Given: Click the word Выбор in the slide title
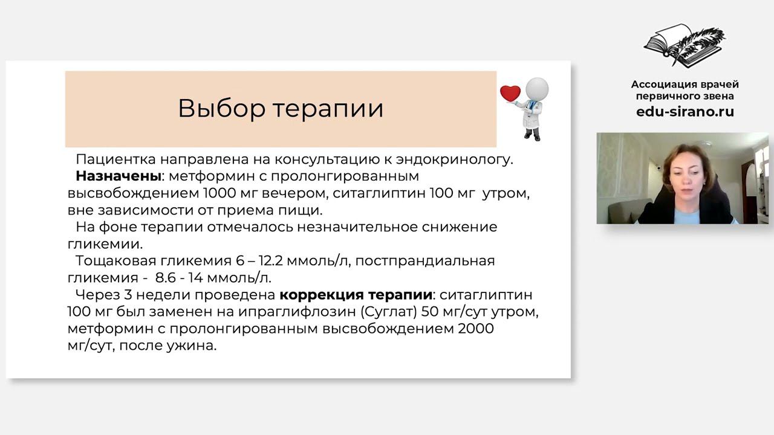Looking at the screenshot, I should tap(221, 108).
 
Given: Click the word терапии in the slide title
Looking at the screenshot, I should tap(327, 109).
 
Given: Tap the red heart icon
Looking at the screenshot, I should tap(510, 94).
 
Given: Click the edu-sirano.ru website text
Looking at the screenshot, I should tap(685, 112).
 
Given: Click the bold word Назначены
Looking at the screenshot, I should tap(119, 176).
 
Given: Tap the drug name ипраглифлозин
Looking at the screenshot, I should tap(302, 312).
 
